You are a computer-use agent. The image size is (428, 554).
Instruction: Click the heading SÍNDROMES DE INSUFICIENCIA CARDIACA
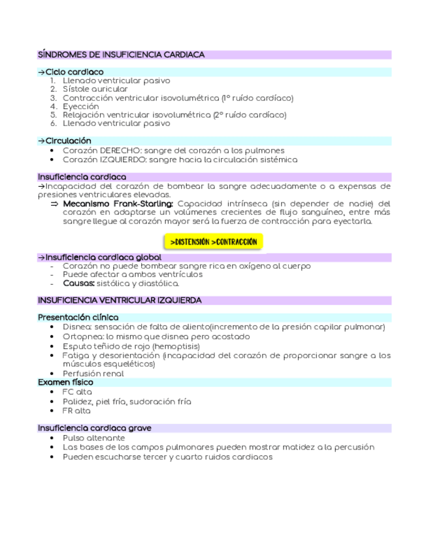(x=121, y=55)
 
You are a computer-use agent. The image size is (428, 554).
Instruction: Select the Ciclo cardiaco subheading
(x=74, y=72)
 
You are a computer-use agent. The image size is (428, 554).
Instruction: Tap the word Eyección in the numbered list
(x=81, y=106)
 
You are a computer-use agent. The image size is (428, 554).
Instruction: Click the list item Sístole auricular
(x=95, y=89)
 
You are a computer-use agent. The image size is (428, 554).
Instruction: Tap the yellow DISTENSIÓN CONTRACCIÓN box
(x=213, y=242)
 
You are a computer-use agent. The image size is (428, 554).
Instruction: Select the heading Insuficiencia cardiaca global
(x=103, y=258)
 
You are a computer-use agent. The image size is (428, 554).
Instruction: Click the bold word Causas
(x=78, y=284)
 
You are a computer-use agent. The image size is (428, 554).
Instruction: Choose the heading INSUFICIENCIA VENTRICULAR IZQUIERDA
(x=120, y=301)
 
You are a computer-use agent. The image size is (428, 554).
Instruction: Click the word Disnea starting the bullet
(x=77, y=327)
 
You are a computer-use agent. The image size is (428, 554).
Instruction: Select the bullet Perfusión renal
(x=93, y=374)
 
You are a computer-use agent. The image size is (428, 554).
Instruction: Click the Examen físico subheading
(x=65, y=382)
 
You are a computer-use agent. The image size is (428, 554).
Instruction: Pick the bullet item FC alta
(x=77, y=392)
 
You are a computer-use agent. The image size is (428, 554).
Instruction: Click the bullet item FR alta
(x=77, y=411)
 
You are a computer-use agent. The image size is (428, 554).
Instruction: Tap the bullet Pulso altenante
(x=93, y=438)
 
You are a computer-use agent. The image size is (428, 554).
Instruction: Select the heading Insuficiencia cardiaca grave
(x=94, y=428)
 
